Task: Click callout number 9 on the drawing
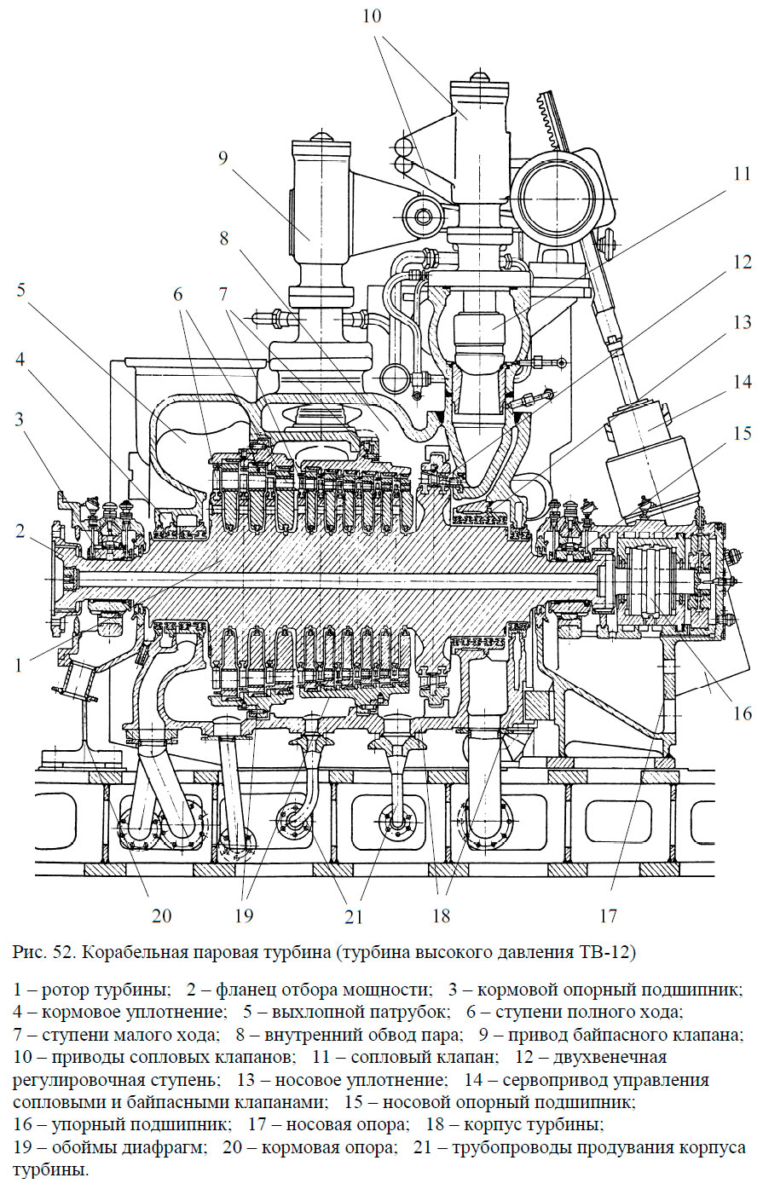(223, 159)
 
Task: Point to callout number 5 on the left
(20, 290)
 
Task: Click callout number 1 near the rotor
(20, 664)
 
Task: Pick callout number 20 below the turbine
(162, 915)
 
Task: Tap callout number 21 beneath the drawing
(354, 916)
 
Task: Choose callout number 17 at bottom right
(607, 915)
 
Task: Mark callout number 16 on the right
(742, 712)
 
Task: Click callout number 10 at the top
(371, 17)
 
